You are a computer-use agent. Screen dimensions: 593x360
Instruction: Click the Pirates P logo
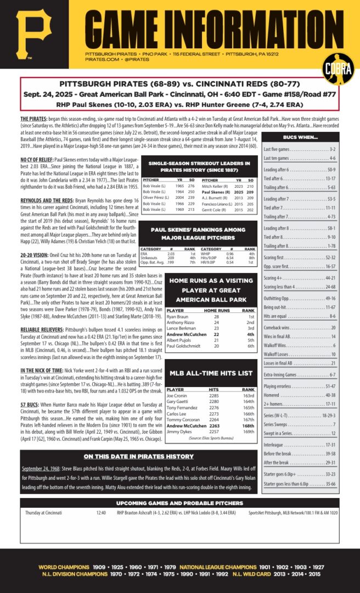34,34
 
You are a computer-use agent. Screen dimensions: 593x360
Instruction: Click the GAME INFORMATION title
214,25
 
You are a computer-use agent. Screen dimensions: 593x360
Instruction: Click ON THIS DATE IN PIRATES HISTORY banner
139,456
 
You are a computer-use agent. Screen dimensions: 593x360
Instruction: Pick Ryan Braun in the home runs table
178,317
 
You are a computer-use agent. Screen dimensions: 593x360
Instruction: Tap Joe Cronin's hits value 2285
214,395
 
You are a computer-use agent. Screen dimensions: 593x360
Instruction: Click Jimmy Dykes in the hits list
178,432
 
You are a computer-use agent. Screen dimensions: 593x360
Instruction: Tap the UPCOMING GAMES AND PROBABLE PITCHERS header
179,502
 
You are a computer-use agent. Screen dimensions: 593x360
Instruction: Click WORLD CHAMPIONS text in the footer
64,567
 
